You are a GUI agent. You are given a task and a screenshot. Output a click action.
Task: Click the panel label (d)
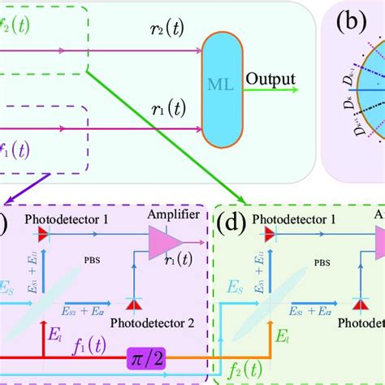pos(231,219)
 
